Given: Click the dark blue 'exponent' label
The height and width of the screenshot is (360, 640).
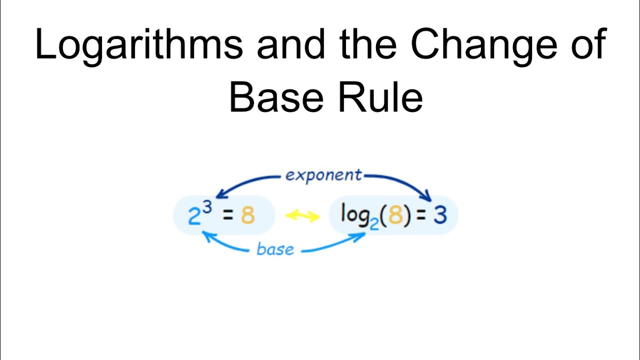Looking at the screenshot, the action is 323,175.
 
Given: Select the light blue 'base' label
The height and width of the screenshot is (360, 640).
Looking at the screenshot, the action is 275,248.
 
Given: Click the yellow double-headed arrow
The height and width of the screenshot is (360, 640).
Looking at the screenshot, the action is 302,216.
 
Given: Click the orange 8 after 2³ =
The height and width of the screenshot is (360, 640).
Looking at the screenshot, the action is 247,216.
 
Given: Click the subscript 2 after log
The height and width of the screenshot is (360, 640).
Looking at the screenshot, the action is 374,222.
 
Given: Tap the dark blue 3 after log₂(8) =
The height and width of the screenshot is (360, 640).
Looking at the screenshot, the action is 440,215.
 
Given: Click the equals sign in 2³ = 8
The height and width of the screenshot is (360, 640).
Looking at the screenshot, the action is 227,216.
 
